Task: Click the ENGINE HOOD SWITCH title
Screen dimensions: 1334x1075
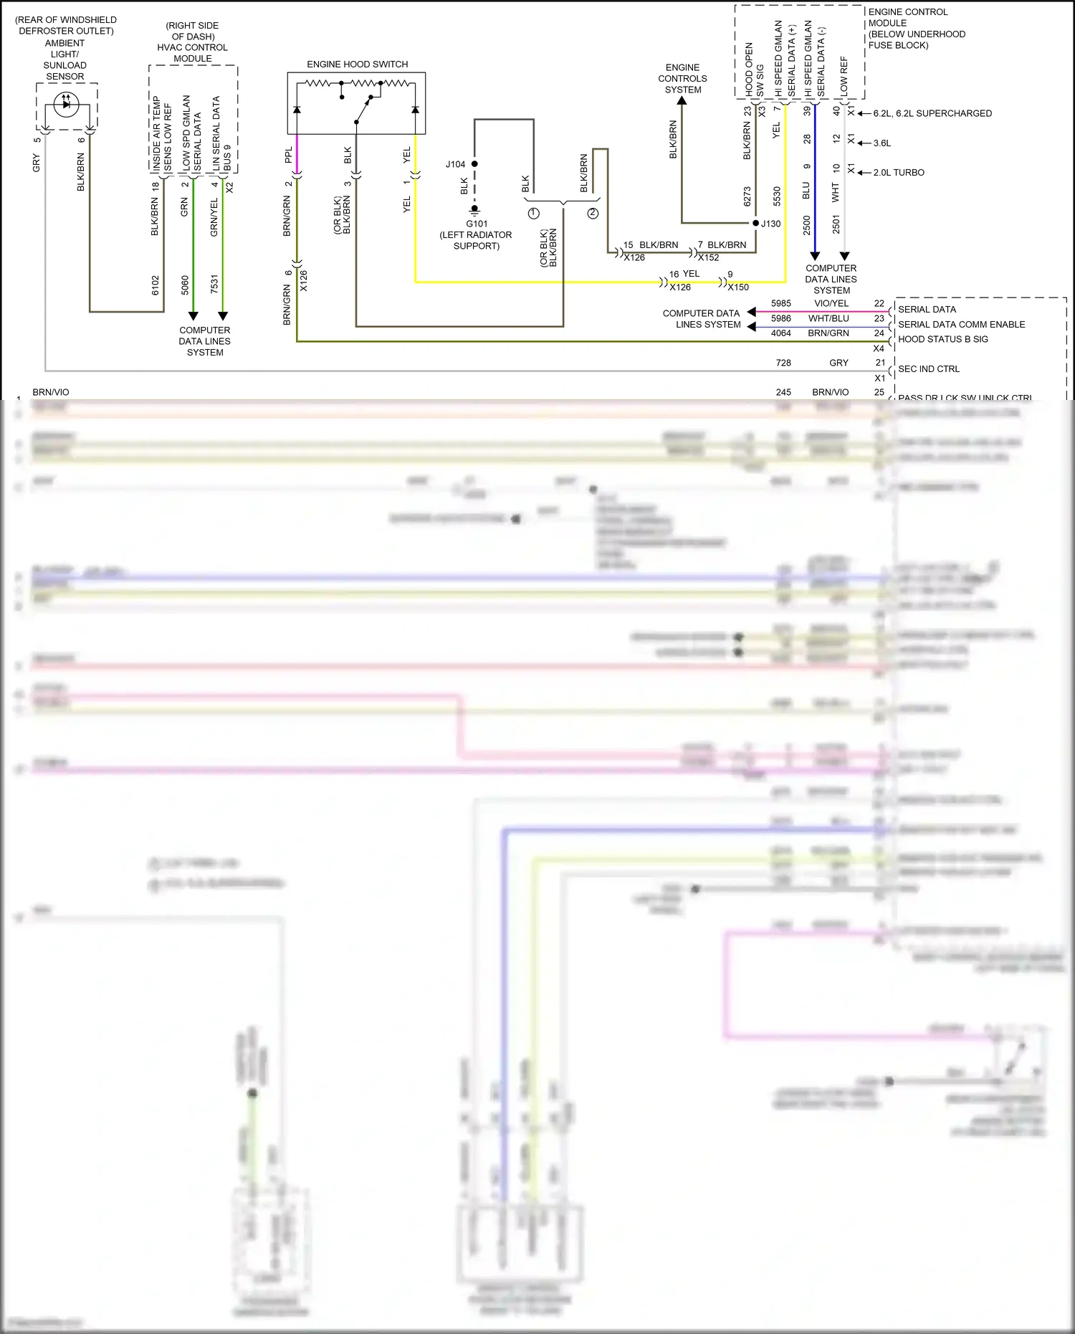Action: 357,65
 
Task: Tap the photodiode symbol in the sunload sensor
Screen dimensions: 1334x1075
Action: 66,104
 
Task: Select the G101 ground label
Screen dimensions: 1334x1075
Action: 477,224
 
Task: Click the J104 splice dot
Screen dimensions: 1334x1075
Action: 474,164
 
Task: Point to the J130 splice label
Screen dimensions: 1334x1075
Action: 771,224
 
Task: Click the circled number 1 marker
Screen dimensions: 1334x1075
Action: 533,214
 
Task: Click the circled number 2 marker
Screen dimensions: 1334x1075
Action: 593,214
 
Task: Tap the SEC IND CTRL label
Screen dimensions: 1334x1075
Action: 928,369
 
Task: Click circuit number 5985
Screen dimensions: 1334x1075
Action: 781,303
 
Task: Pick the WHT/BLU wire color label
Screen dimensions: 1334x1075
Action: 828,318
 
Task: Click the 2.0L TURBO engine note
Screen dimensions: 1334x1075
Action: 899,173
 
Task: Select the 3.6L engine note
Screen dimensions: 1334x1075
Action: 882,143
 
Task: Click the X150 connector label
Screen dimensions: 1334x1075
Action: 738,287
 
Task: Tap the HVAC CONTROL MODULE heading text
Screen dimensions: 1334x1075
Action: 192,47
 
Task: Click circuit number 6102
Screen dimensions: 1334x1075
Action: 156,285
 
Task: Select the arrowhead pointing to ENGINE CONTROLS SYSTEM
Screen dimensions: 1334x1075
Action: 682,101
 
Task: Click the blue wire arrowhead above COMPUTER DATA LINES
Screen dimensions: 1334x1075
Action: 814,256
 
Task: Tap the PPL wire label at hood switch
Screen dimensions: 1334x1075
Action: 289,155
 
